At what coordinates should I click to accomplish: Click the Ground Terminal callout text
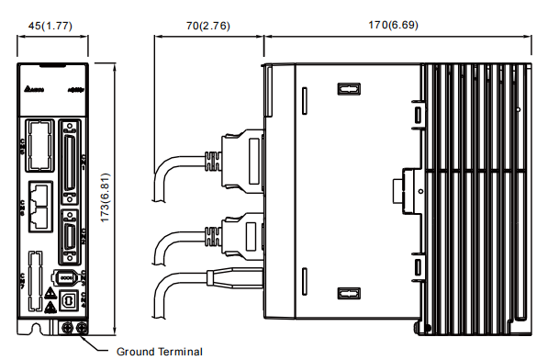click(x=159, y=351)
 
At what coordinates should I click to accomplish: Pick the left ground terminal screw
click(x=67, y=327)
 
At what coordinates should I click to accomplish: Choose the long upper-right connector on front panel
click(x=70, y=160)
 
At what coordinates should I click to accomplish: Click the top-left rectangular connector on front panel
click(x=38, y=145)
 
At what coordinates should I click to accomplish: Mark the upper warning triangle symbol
click(x=51, y=293)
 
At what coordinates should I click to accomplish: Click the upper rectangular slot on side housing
click(x=348, y=90)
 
